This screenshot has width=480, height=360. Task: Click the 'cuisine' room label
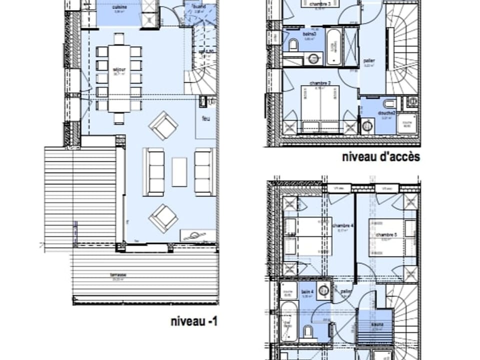pyautogui.click(x=119, y=7)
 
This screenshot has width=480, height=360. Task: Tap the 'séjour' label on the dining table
pyautogui.click(x=119, y=69)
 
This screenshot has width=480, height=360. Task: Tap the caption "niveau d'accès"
pyautogui.click(x=380, y=157)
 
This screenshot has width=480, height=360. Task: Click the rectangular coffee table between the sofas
pyautogui.click(x=179, y=171)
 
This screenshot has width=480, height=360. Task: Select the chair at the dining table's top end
pyautogui.click(x=119, y=38)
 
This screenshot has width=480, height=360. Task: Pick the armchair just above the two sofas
pyautogui.click(x=163, y=125)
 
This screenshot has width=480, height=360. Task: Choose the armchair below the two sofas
pyautogui.click(x=163, y=218)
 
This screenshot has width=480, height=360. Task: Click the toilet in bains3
pyautogui.click(x=293, y=45)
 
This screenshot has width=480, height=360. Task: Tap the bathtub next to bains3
pyautogui.click(x=333, y=47)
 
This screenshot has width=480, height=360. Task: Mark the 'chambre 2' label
pyautogui.click(x=320, y=83)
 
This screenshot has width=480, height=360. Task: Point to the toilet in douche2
pyautogui.click(x=389, y=104)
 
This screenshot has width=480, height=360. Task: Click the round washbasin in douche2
pyautogui.click(x=367, y=125)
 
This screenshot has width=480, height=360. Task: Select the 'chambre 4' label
pyautogui.click(x=342, y=225)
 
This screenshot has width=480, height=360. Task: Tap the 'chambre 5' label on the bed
pyautogui.click(x=386, y=235)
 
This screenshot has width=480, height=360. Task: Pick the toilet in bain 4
pyautogui.click(x=308, y=331)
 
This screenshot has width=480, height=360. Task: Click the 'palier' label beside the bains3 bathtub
pyautogui.click(x=369, y=61)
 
